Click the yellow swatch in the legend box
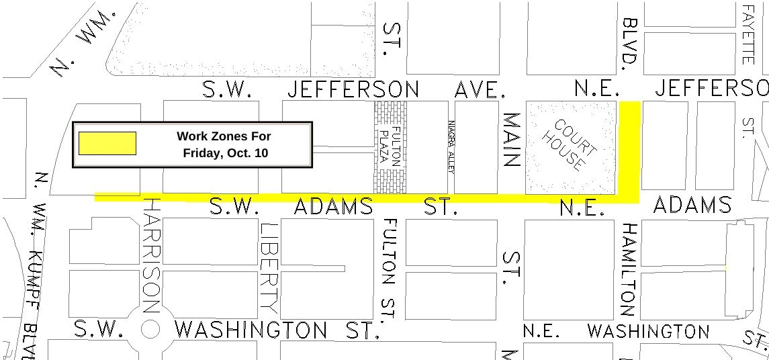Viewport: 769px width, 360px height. [x=107, y=143]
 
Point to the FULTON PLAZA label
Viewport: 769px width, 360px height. [x=390, y=146]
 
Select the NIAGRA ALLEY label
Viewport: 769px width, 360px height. [x=451, y=147]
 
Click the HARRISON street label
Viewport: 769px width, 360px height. [x=152, y=255]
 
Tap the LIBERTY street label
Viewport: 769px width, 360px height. [x=269, y=267]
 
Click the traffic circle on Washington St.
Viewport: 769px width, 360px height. [x=150, y=329]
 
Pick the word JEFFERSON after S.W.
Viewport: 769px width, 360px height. [x=353, y=89]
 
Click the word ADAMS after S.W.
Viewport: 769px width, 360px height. [x=333, y=206]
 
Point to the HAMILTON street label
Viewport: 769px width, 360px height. [x=629, y=269]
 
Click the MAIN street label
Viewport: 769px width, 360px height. [x=512, y=140]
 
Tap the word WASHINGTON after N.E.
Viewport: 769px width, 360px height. [x=648, y=331]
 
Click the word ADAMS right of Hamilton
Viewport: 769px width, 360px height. [x=691, y=204]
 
